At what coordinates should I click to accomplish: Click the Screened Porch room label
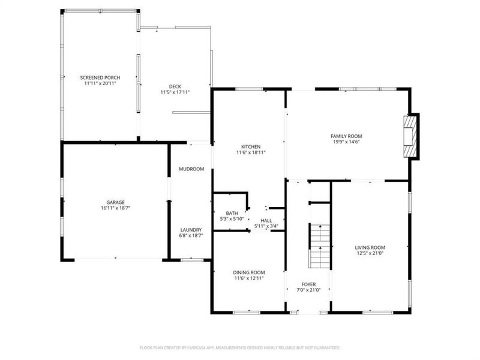(100, 77)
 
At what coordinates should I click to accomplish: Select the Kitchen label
(250, 146)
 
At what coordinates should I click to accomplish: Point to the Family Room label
(346, 136)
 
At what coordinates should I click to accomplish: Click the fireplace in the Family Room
(410, 137)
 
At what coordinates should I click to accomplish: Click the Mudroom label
(191, 169)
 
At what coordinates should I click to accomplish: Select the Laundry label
(191, 230)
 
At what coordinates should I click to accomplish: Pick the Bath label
(232, 213)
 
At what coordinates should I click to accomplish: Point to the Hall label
(266, 221)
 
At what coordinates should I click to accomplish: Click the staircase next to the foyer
(320, 246)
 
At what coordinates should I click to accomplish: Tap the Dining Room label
(249, 272)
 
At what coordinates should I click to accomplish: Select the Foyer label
(308, 284)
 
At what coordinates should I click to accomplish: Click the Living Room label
(370, 247)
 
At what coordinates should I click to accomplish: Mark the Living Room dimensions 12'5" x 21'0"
(370, 254)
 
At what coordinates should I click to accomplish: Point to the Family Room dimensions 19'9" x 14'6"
(346, 143)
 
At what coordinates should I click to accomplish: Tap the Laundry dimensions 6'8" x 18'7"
(191, 236)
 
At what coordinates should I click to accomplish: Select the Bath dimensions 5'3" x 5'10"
(232, 219)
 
